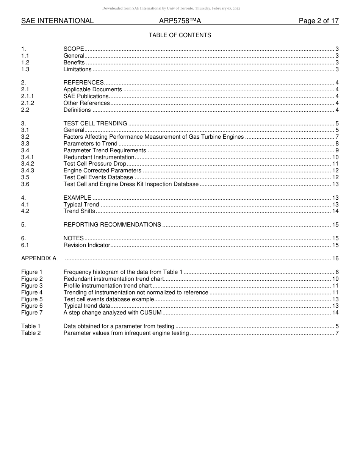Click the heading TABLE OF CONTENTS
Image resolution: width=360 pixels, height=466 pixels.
tap(180, 35)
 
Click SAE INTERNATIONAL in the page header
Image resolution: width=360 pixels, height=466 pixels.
tap(57, 21)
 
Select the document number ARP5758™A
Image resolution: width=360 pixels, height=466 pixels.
tap(180, 21)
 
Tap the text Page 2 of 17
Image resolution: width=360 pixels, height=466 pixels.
tap(318, 21)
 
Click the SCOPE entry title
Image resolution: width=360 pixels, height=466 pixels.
tap(74, 49)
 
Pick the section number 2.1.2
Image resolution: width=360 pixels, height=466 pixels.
tap(28, 103)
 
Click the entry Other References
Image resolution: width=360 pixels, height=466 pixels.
tap(86, 103)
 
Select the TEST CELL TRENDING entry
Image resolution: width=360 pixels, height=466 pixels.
tap(95, 124)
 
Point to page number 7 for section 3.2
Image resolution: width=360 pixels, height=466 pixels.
tap(337, 137)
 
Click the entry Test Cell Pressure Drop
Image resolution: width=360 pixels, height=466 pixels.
tap(95, 164)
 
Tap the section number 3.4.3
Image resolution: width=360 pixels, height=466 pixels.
tap(28, 171)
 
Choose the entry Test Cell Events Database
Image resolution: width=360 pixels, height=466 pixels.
tap(98, 177)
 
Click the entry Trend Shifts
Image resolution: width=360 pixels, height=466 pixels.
tap(79, 211)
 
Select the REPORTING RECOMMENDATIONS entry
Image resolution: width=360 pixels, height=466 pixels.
tap(112, 225)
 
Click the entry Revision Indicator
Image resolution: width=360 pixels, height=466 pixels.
tap(87, 245)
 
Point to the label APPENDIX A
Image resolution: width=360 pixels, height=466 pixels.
tap(39, 258)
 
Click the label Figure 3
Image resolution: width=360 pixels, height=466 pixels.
tap(32, 286)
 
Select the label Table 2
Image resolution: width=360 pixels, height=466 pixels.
tap(31, 333)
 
